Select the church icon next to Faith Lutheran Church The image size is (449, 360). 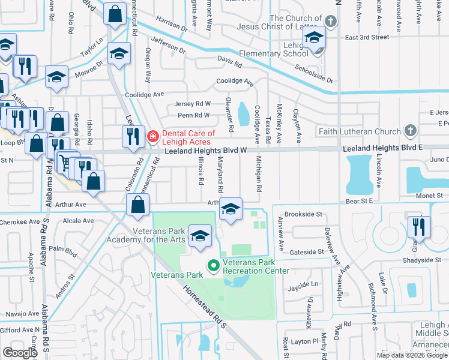(410, 131)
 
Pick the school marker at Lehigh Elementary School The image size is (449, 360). (315, 39)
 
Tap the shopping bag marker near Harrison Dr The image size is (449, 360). (114, 14)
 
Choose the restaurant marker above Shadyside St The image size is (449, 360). (418, 227)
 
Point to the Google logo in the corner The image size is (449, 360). (20, 352)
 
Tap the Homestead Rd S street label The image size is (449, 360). (205, 307)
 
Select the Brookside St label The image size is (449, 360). (303, 214)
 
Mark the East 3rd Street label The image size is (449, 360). (367, 37)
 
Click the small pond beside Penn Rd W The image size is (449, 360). (243, 113)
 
